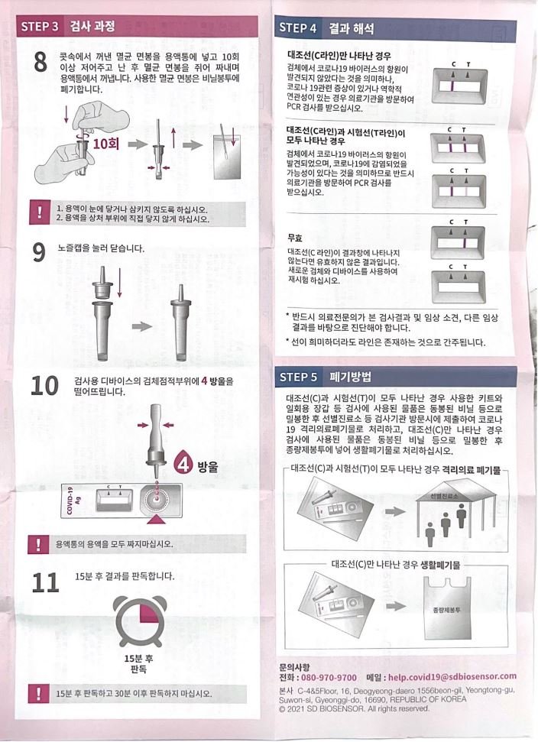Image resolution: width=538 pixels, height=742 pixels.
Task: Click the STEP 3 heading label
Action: [40, 26]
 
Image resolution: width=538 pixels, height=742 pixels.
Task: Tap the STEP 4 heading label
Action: [297, 28]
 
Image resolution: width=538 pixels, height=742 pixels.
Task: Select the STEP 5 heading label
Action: [298, 377]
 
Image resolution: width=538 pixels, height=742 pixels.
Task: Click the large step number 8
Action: [41, 62]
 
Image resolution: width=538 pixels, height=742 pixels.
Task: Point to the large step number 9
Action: [39, 252]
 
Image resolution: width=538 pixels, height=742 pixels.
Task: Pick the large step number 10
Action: [44, 386]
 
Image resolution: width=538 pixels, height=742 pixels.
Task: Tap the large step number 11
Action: [45, 582]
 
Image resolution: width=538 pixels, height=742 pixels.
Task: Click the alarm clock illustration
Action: [141, 620]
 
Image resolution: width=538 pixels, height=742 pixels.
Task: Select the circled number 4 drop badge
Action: [183, 464]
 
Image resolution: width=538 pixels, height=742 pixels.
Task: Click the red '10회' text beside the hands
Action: [106, 144]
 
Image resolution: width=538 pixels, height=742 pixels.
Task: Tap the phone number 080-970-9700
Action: [329, 677]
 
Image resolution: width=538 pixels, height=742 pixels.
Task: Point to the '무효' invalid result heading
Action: [295, 238]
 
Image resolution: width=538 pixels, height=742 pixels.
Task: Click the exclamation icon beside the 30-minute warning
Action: [38, 694]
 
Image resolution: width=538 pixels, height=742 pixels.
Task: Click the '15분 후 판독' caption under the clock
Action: [138, 664]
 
